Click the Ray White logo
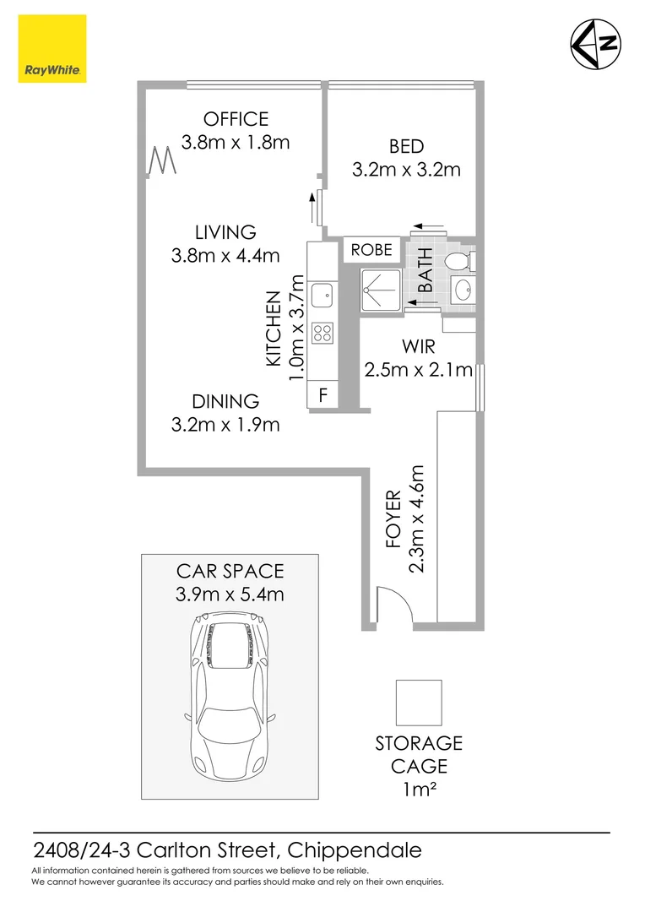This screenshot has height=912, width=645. pos(51,50)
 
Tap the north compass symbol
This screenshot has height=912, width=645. pos(597,43)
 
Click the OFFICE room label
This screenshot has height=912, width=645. pos(236,120)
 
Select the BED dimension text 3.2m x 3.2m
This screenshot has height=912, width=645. pos(406,170)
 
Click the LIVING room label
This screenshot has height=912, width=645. pos(225,232)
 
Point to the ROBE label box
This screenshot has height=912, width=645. pos(371,250)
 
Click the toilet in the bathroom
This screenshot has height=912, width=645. pos(457,259)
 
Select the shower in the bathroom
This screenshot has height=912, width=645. pos(382,290)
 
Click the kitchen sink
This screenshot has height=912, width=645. pos(322,295)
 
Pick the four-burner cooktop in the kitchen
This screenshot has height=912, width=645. pos(322,333)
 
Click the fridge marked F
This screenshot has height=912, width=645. pos(322,395)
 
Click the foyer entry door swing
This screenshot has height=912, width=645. pos(392,606)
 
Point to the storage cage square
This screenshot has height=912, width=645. pos(419,703)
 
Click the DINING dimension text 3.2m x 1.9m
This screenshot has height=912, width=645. pos(225,425)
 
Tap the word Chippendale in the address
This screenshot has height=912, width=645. pos(355,849)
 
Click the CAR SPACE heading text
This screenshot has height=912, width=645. pos(230,572)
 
